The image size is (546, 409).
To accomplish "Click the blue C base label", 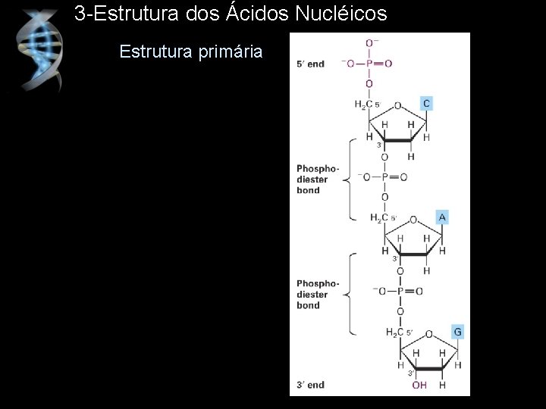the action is (426, 103).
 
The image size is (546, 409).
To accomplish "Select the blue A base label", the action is (442, 217).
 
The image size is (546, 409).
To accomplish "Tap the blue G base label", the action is (457, 332).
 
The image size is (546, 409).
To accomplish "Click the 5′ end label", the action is (311, 64).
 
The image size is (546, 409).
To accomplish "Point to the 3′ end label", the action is (311, 385).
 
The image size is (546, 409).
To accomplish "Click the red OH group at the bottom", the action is (419, 386).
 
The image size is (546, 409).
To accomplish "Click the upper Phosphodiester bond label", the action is (312, 180).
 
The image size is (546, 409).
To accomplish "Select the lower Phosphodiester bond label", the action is (312, 295).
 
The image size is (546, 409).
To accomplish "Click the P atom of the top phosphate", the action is (369, 64).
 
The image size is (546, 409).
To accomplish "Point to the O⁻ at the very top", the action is (372, 44).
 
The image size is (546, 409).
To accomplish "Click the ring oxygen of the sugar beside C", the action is (397, 107).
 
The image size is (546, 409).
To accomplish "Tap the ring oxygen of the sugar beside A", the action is (413, 221).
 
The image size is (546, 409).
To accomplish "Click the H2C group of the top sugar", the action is (363, 104).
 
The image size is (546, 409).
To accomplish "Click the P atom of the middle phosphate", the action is (384, 177).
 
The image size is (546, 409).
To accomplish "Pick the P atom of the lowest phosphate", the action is (400, 292).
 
